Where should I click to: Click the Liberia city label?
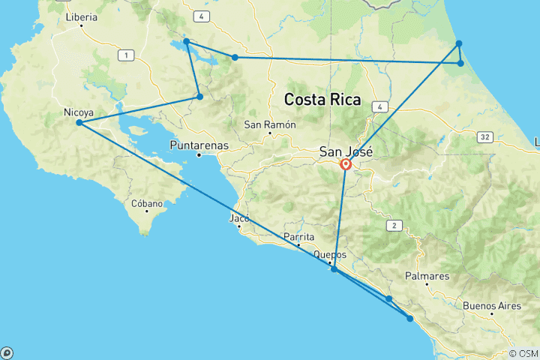coord(82,16)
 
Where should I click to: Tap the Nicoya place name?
coord(79,113)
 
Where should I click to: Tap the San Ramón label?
coord(270,124)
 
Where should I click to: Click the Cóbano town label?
coord(147,202)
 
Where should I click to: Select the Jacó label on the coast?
coord(238,219)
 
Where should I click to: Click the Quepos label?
coord(330,253)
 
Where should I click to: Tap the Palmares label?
coord(427,276)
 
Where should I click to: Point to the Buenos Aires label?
coord(491,305)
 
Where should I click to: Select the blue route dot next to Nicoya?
coord(79,123)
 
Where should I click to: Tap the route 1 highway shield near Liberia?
coord(127,55)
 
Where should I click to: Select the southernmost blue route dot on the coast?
coord(410,319)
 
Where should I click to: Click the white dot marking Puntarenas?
coord(199,155)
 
